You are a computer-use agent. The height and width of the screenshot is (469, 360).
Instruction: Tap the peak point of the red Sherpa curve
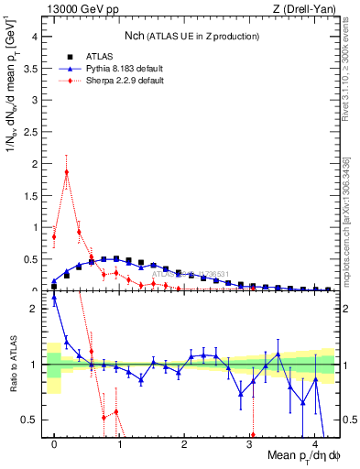[x=67, y=171]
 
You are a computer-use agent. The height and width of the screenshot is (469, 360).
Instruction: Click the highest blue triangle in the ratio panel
[x=54, y=298]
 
